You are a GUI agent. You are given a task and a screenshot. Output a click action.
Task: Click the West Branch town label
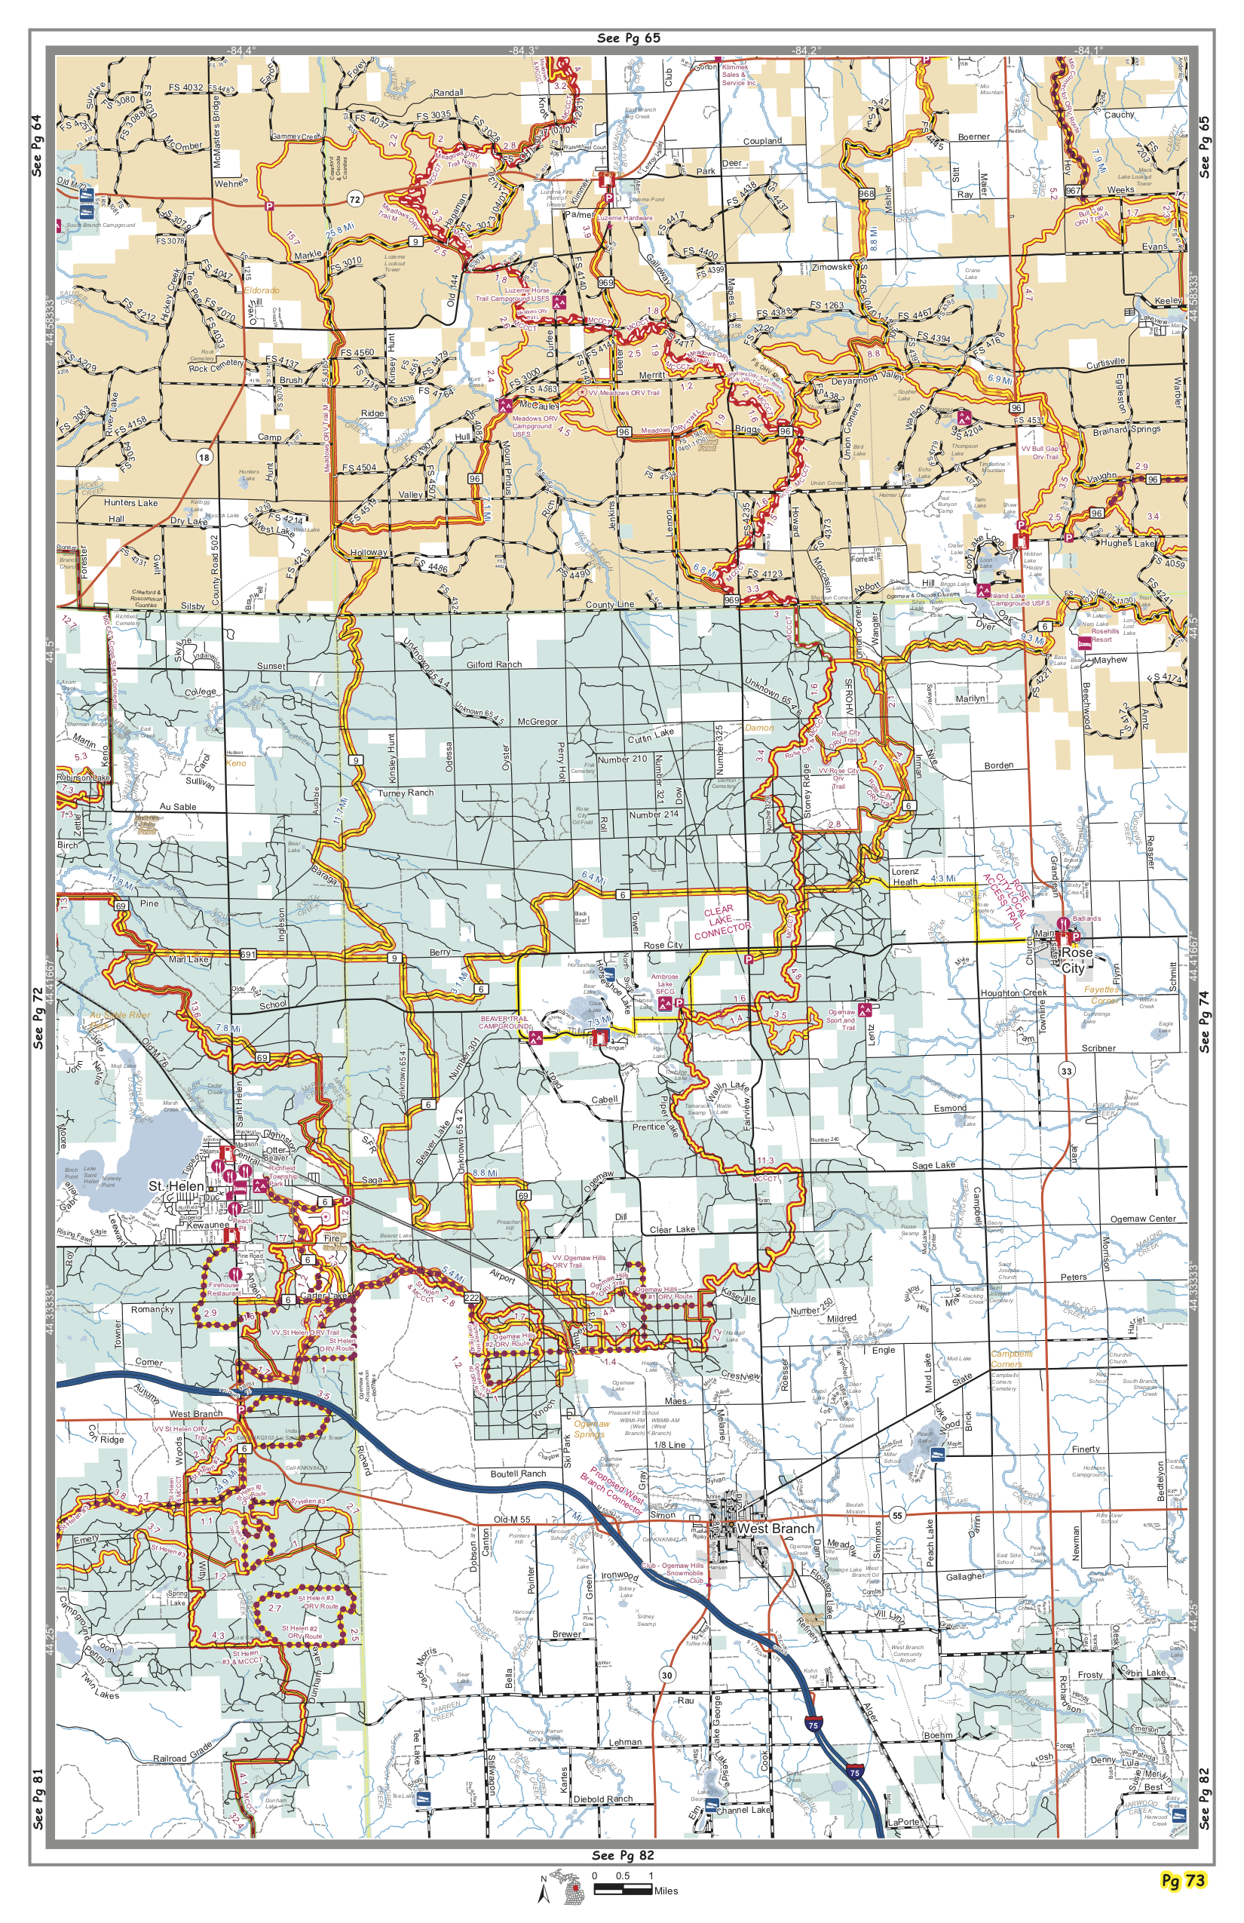pyautogui.click(x=776, y=1529)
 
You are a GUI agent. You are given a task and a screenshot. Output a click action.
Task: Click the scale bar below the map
pyautogui.click(x=623, y=1889)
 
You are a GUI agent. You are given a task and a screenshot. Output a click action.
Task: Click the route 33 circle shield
pyautogui.click(x=1066, y=1071)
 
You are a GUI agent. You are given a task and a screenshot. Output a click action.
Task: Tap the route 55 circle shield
pyautogui.click(x=896, y=1515)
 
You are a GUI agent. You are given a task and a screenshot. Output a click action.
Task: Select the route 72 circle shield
pyautogui.click(x=354, y=199)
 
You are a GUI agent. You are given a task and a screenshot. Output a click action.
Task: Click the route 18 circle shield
pyautogui.click(x=204, y=457)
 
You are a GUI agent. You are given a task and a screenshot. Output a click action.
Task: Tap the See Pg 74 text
pyautogui.click(x=1205, y=1020)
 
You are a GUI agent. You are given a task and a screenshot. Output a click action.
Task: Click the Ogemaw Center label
pyautogui.click(x=1142, y=1219)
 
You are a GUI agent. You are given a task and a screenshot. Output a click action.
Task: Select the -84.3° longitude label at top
pyautogui.click(x=523, y=50)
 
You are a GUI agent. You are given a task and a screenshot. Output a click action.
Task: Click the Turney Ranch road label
pyautogui.click(x=406, y=793)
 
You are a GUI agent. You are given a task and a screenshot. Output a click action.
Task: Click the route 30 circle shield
pyautogui.click(x=666, y=1675)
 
